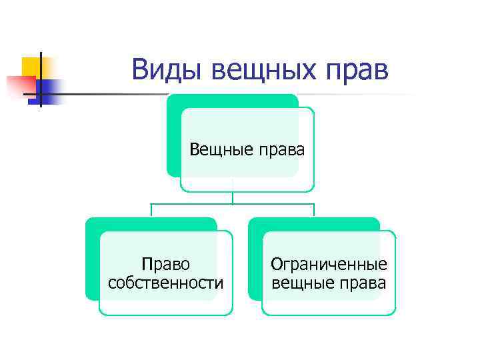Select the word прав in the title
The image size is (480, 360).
(x=357, y=69)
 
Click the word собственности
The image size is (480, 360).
(x=166, y=283)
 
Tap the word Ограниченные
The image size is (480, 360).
(x=329, y=264)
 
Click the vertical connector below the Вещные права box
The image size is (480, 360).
(x=233, y=197)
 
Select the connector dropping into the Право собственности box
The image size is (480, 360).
(x=151, y=210)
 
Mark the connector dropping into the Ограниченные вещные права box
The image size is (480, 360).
(x=314, y=210)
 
